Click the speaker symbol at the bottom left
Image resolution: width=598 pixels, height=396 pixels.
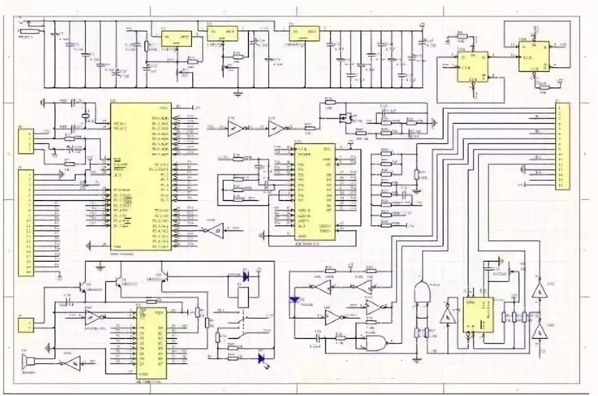pos(27,363)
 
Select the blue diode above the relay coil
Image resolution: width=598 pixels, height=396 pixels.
pos(245,276)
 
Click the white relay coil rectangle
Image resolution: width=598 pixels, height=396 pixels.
pos(243,297)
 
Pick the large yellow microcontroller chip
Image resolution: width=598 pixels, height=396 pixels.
pos(140,175)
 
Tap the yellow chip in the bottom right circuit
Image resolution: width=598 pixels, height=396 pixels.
pos(478,314)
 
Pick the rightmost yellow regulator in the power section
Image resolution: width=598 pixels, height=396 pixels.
pos(304,34)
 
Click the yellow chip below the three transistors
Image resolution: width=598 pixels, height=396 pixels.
pos(150,345)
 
